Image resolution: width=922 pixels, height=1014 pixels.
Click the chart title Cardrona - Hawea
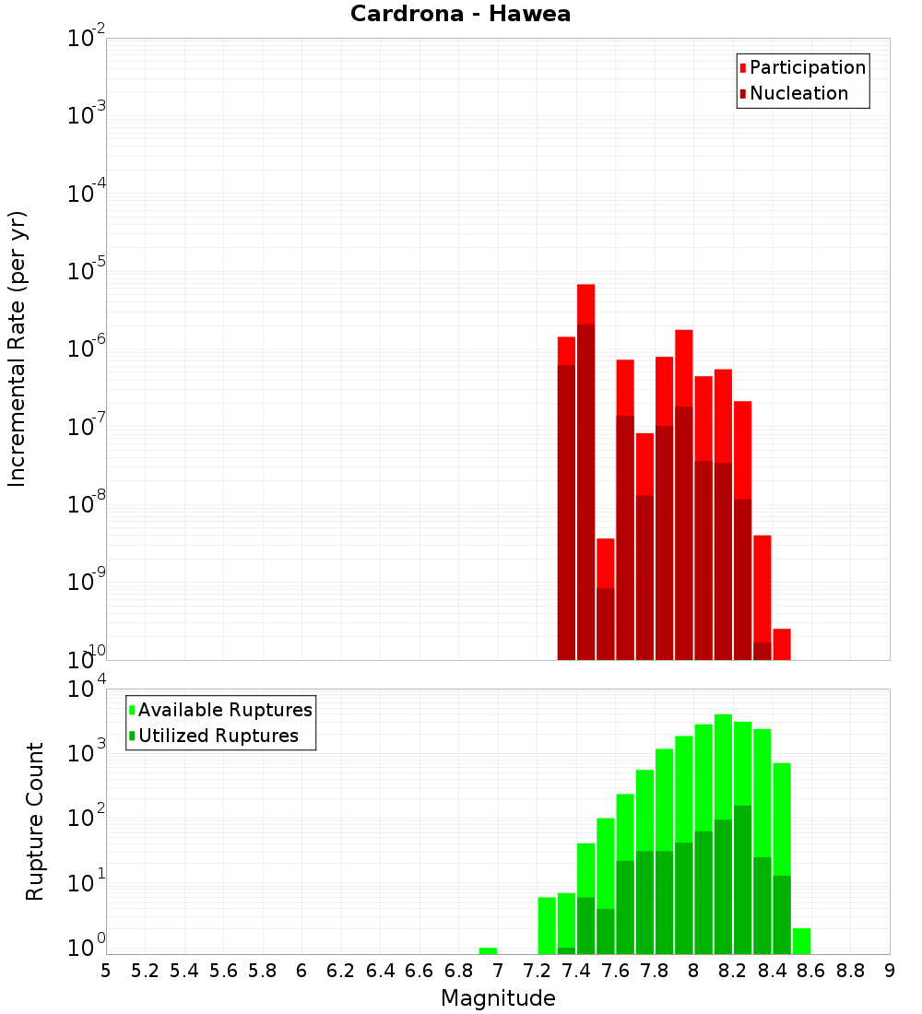[460, 14]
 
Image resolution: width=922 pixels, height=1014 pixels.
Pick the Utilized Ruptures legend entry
[218, 736]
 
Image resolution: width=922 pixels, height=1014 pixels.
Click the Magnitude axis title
[498, 998]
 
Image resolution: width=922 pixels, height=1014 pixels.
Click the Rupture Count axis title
[35, 821]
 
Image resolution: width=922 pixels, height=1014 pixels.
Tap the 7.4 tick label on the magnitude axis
[576, 971]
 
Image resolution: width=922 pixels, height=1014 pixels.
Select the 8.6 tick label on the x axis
[811, 971]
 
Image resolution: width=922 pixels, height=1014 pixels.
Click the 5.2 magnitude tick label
[145, 971]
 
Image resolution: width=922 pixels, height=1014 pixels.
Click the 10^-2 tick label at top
[85, 39]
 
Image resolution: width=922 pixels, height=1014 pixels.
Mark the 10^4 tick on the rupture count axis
[87, 690]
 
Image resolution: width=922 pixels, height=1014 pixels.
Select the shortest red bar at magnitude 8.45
[782, 644]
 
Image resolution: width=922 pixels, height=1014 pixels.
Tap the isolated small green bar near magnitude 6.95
[488, 950]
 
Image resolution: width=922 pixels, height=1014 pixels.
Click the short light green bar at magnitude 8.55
[801, 941]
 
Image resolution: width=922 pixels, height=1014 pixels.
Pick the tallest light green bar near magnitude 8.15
[723, 765]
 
